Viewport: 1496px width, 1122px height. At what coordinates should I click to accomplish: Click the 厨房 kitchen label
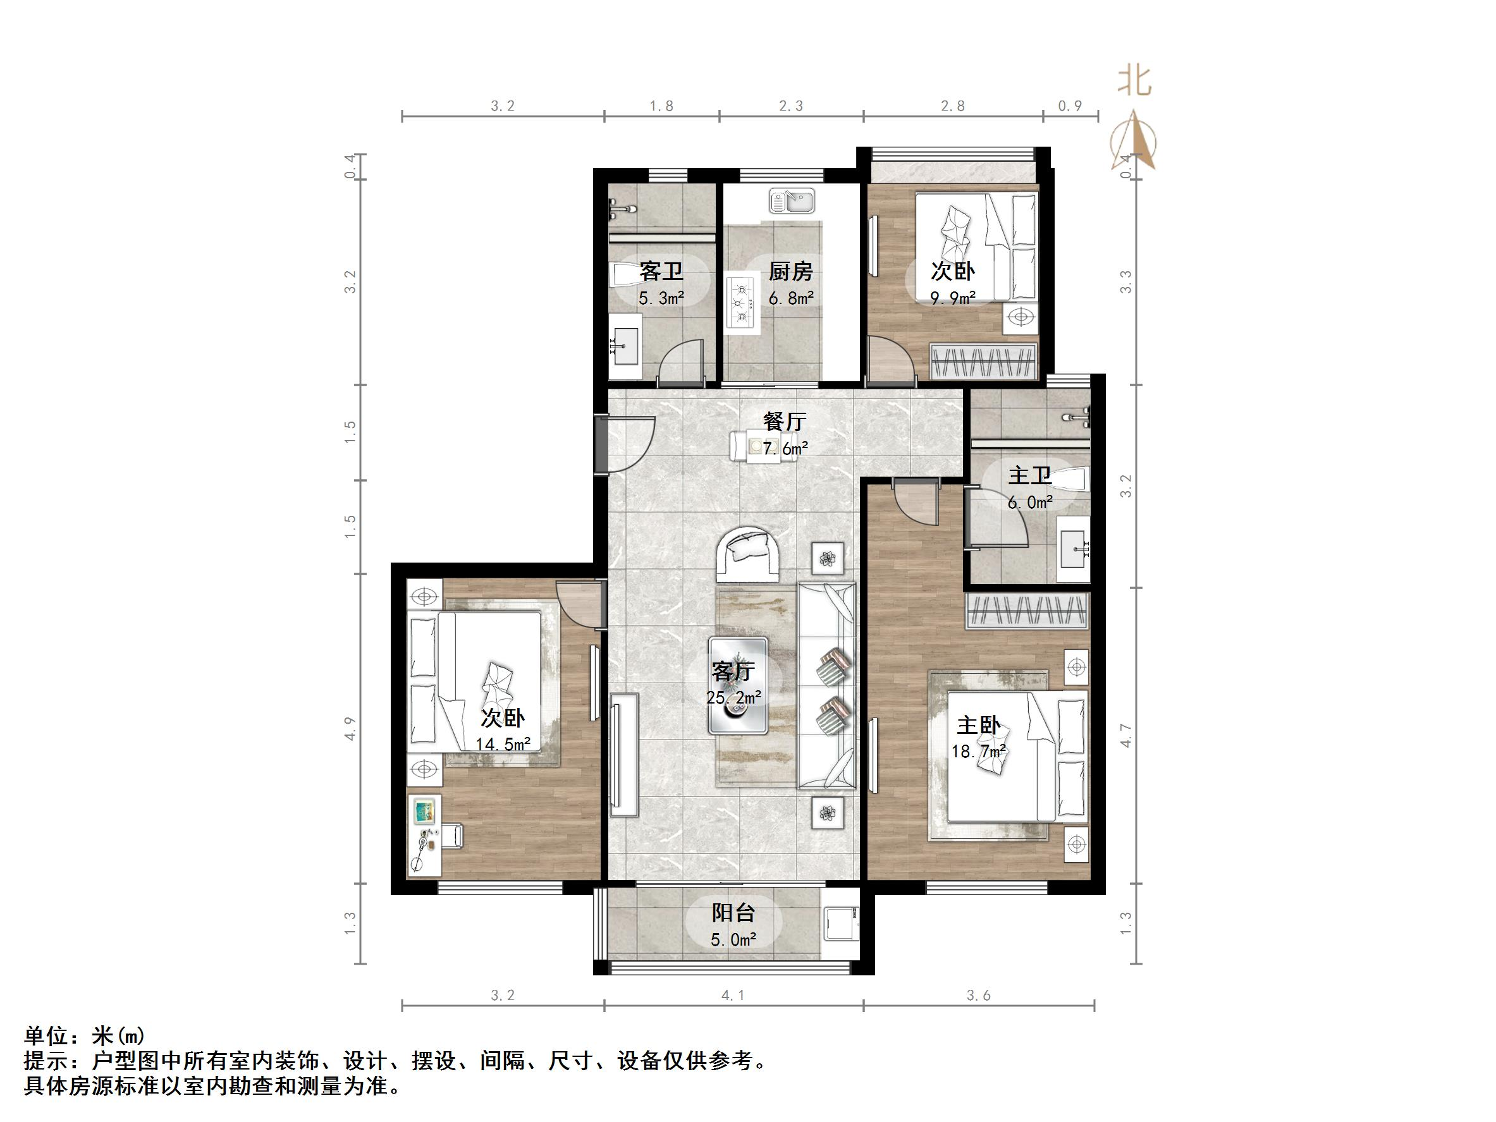(790, 271)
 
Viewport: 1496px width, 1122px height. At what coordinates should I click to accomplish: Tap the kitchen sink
(791, 201)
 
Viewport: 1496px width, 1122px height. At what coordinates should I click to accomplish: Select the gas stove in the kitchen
(740, 303)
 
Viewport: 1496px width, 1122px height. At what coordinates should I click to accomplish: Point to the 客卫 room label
(661, 271)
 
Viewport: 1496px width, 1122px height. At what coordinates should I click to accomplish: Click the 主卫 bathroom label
(1029, 475)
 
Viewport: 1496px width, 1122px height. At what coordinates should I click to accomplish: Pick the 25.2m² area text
(734, 697)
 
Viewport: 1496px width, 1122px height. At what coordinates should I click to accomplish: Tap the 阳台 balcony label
(733, 913)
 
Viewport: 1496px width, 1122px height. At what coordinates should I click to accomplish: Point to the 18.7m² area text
(979, 751)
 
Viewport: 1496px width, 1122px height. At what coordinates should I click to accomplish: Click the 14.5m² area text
(503, 745)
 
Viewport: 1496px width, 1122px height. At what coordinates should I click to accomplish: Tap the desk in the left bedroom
(424, 836)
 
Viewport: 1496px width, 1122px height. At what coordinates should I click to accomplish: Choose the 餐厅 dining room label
(785, 422)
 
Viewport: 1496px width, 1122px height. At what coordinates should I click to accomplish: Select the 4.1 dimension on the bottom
(733, 995)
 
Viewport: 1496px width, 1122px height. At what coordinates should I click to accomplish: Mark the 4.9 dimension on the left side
(350, 729)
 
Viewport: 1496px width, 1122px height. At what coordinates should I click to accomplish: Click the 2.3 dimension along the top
(790, 106)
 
